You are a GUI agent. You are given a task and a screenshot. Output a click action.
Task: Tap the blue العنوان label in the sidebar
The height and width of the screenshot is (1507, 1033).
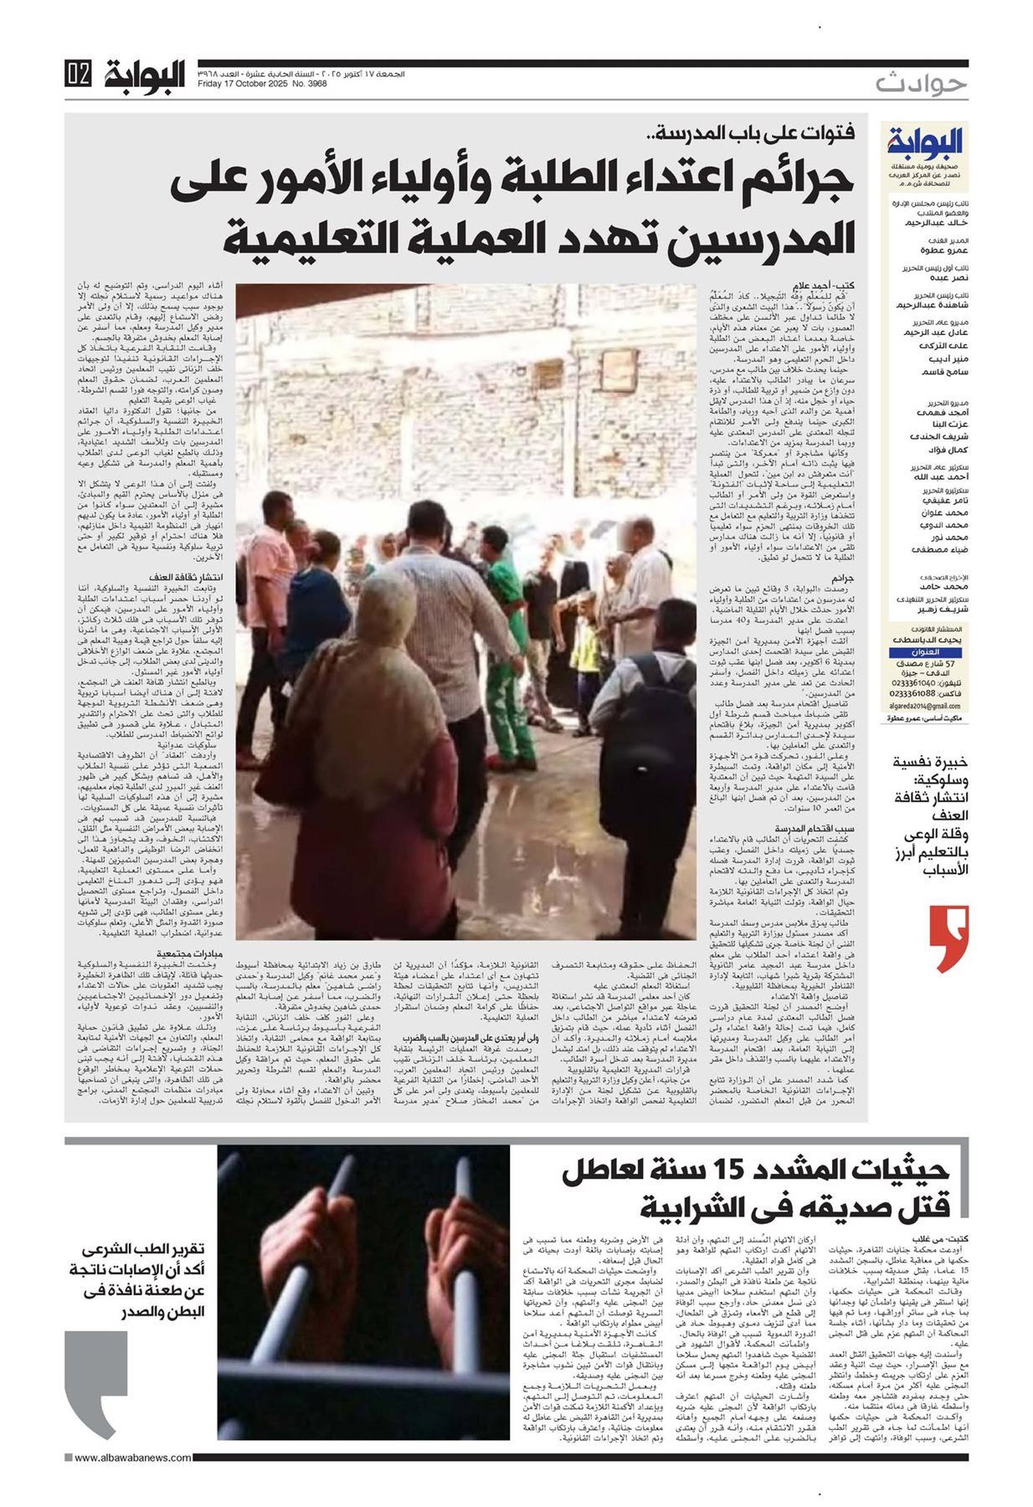[x=924, y=651]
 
